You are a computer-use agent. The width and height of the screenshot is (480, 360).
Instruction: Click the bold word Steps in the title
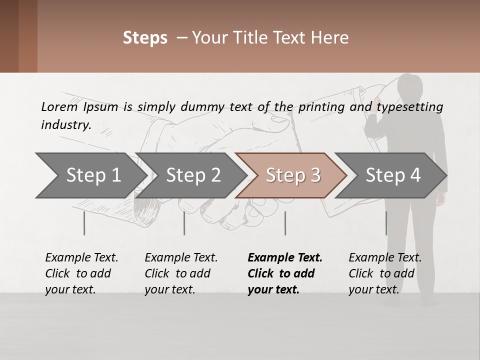(145, 38)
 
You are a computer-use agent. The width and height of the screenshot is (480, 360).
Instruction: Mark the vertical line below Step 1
(84, 223)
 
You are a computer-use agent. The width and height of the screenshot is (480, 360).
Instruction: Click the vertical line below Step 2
(184, 223)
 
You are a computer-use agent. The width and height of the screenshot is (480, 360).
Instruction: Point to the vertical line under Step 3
(285, 223)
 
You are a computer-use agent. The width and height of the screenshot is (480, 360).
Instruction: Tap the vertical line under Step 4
(386, 223)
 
